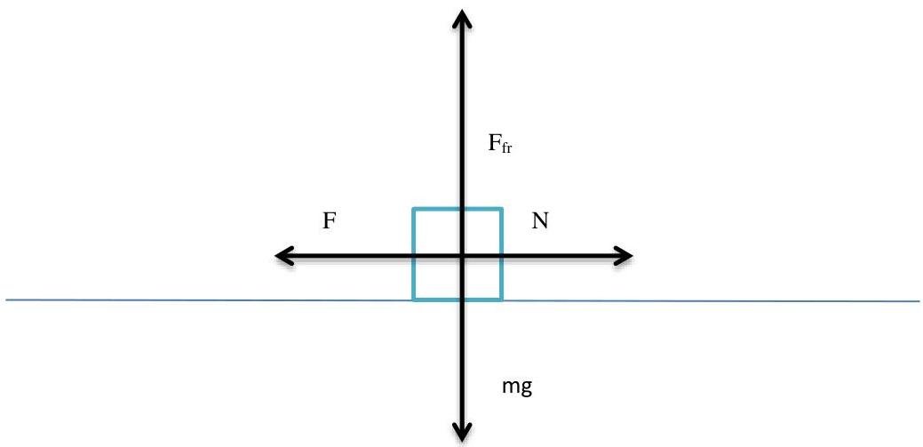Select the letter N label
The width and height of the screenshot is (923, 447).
[540, 221]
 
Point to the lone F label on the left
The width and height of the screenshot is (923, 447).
[329, 221]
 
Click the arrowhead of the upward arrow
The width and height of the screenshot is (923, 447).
[462, 18]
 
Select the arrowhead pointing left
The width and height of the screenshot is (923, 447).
[285, 256]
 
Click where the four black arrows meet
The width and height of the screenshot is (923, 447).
[462, 256]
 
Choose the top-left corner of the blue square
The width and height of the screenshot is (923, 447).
[414, 209]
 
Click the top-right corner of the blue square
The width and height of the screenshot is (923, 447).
[502, 209]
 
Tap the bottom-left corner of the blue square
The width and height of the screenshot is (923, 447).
[414, 299]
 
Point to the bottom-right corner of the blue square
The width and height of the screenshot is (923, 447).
[502, 299]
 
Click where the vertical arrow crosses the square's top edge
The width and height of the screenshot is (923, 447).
[462, 209]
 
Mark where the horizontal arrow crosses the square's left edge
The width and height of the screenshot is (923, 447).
[414, 256]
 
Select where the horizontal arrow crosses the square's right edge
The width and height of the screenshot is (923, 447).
[502, 256]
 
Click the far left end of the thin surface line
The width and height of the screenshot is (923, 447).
[6, 299]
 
